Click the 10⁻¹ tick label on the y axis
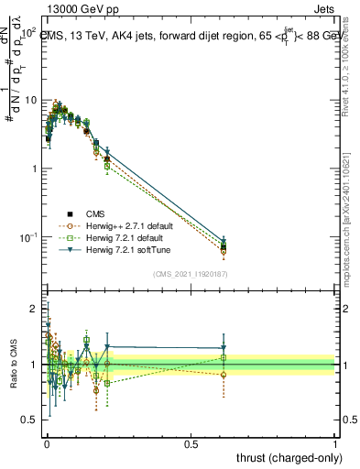click(27, 237)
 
